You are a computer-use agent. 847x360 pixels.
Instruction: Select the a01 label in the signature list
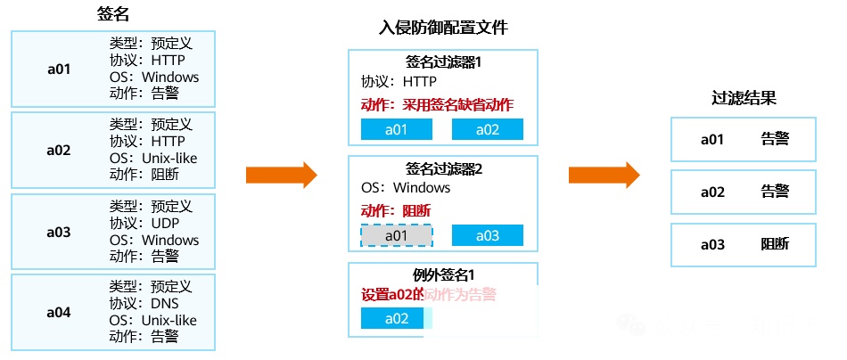[x=59, y=69]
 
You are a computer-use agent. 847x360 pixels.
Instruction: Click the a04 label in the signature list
[x=59, y=312]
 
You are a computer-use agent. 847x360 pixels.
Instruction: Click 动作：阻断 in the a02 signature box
[x=144, y=175]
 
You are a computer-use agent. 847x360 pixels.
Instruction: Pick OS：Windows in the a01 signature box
[x=154, y=77]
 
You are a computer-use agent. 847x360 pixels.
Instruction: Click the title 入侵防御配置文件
[x=443, y=28]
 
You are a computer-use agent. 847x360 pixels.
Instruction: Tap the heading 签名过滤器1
[x=443, y=61]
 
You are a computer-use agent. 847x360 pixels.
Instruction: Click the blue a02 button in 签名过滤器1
[x=487, y=129]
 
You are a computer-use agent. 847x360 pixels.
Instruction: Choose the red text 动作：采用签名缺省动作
[x=437, y=104]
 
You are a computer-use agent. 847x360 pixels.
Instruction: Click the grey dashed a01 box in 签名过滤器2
[x=396, y=235]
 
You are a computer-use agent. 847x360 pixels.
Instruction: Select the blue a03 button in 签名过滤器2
[x=487, y=235]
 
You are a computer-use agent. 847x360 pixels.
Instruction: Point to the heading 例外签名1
[x=443, y=274]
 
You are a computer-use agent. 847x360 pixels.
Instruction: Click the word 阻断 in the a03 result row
[x=774, y=244]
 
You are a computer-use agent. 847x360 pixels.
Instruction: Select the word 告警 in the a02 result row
[x=774, y=192]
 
